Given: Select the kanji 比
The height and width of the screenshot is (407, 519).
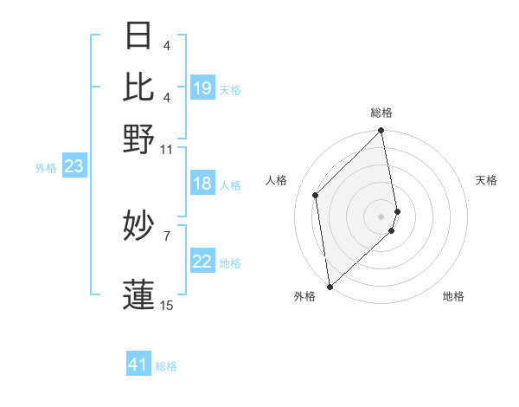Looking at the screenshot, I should coord(139,86).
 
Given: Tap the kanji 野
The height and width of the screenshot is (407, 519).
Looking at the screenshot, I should coord(139,139).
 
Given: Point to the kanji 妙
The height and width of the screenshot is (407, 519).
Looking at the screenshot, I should coord(139,227).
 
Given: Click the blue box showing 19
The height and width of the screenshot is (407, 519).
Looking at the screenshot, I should coord(202,88).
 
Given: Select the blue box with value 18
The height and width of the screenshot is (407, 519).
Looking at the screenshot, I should coord(202,184).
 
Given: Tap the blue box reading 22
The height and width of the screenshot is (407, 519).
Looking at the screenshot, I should coord(202,262).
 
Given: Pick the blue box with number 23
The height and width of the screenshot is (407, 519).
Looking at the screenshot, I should coord(74,167).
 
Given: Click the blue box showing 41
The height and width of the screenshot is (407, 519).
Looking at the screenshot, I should coord(138,365).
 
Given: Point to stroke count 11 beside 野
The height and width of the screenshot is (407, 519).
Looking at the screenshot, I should coord(166,150).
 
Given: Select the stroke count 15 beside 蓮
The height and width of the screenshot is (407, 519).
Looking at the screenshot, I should coord(166,305).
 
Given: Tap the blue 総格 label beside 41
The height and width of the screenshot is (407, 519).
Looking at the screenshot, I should coord(166,366).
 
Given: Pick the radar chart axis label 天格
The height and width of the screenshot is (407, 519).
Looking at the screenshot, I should coord(486,180).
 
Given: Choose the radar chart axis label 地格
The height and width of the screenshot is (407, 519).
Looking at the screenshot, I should coord(453,296).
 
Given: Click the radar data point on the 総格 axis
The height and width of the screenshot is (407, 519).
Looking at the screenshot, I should coord(381,132).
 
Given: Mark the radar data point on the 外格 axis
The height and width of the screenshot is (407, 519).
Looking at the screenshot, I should coord(330,286).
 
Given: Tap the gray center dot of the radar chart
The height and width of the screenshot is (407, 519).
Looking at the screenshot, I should coord(381,215).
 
